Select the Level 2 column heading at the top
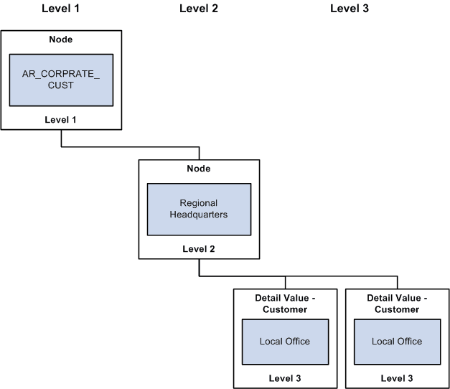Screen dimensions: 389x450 (x=198, y=9)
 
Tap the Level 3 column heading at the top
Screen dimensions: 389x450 (x=350, y=9)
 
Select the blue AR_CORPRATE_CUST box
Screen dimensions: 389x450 (x=61, y=79)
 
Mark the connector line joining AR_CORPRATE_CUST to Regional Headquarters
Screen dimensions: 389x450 (x=129, y=146)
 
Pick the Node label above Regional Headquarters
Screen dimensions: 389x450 (x=199, y=169)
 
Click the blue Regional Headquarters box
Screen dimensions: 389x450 (x=199, y=209)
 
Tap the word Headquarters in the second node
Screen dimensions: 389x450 (x=199, y=215)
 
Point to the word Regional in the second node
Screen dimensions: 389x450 (x=199, y=203)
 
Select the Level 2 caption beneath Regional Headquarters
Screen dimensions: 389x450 (x=199, y=249)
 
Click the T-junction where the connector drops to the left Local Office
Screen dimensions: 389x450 (x=286, y=276)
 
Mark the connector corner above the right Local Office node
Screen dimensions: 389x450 (x=397, y=276)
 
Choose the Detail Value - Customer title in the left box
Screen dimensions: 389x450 (x=286, y=304)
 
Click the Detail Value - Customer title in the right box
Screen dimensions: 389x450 (x=397, y=304)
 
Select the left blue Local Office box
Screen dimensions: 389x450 (x=286, y=341)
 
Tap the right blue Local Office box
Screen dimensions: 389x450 (x=397, y=341)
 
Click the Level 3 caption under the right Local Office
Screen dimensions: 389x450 (x=397, y=378)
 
